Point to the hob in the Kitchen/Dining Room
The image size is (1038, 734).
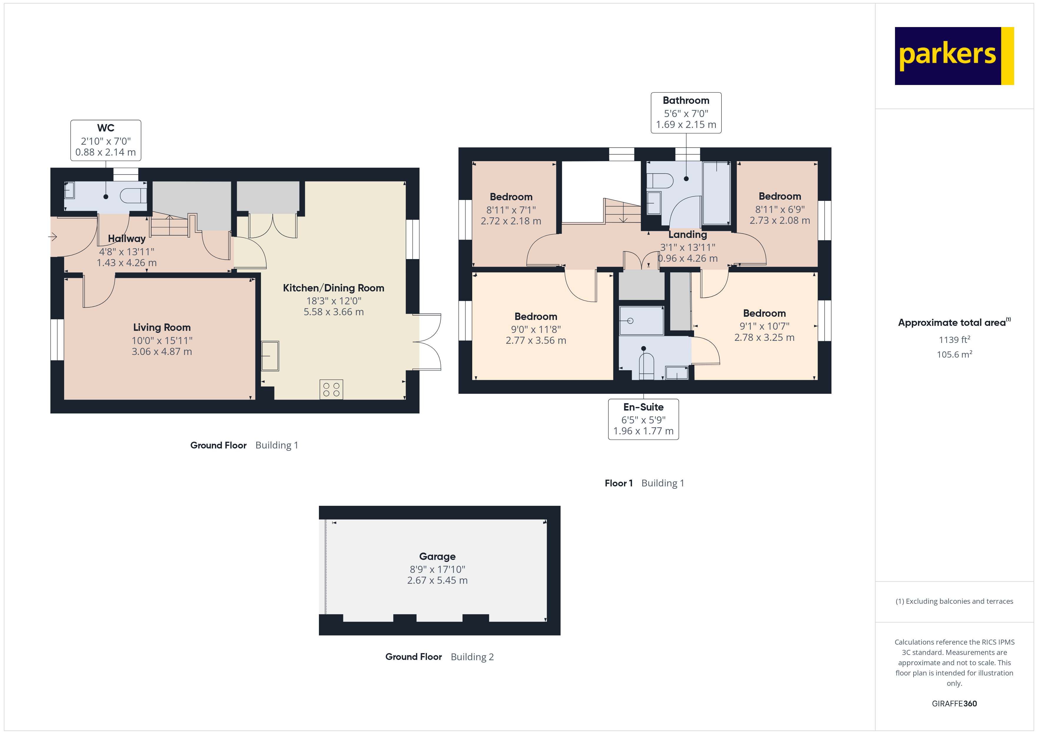(x=331, y=390)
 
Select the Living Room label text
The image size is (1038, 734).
(x=162, y=327)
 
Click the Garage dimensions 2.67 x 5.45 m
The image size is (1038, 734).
(x=437, y=580)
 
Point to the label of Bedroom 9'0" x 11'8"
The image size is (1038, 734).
(x=536, y=316)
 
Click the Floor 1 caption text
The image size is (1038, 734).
(x=618, y=483)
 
